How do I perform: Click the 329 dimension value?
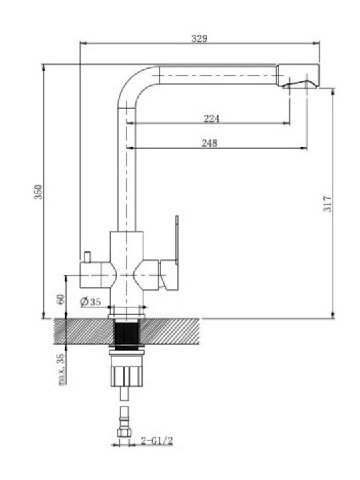199,39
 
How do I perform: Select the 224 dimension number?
211,119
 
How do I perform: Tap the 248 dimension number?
209,143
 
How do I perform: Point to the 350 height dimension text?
38,191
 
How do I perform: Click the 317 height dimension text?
327,204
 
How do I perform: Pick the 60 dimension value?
60,299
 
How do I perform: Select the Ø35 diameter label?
90,302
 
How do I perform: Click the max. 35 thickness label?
61,369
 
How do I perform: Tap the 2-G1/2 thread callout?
157,441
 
